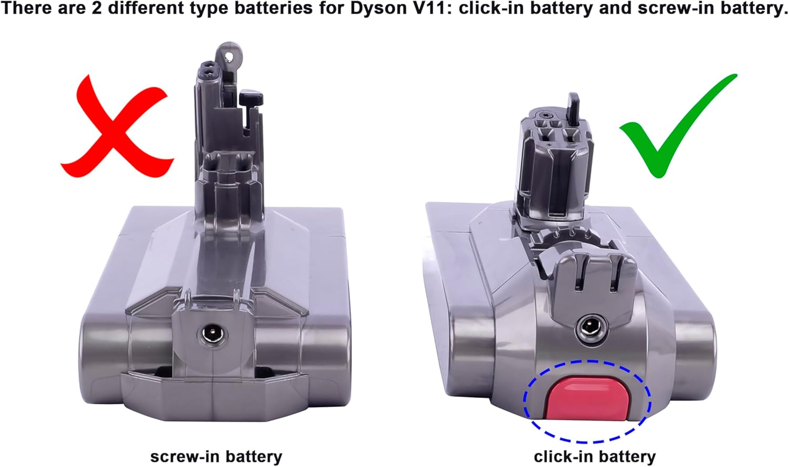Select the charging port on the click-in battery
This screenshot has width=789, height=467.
591,329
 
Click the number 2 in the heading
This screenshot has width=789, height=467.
97,8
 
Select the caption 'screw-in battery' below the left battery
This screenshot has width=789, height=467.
216,456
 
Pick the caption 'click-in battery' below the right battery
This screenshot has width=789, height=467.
595,456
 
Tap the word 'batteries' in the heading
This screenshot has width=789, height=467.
274,8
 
